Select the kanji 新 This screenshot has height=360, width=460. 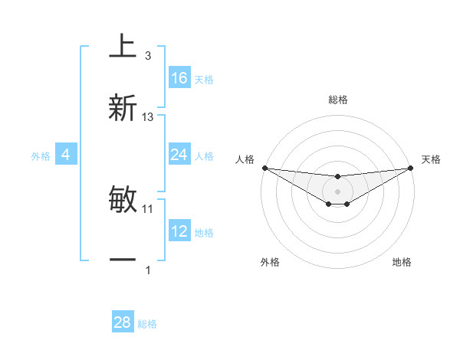[x=123, y=108]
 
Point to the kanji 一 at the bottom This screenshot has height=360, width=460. [x=123, y=260]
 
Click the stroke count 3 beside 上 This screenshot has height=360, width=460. [x=147, y=56]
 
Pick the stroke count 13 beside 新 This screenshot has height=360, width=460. [x=148, y=117]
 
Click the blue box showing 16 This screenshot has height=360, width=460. [x=179, y=78]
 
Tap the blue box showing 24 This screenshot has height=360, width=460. [x=179, y=155]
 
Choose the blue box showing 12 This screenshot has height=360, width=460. [x=179, y=231]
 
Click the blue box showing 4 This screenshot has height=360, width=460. [x=66, y=155]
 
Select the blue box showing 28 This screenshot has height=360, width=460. [x=123, y=322]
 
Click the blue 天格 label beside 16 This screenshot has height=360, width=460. [x=204, y=79]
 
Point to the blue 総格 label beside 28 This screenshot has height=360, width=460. [x=147, y=324]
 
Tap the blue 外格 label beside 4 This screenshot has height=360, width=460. [x=41, y=155]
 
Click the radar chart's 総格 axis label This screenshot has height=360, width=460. [x=337, y=100]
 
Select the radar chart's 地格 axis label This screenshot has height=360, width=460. [x=402, y=262]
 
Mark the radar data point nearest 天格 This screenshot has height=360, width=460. [x=411, y=168]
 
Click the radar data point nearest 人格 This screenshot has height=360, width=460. [x=264, y=168]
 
